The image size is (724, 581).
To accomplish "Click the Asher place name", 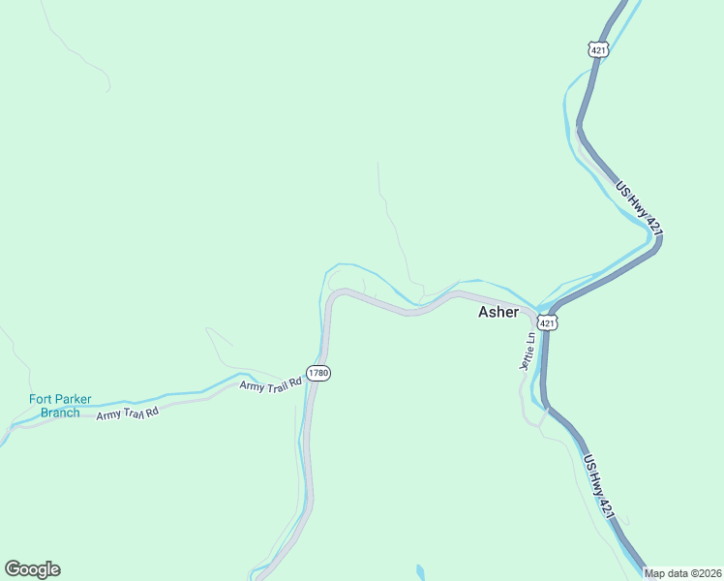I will (498, 312).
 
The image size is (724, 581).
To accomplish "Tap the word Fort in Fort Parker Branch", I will (41, 399).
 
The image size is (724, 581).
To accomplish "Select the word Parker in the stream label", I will (73, 399).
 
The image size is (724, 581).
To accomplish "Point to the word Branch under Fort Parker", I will (60, 413).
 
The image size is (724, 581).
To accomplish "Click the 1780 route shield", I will (318, 373).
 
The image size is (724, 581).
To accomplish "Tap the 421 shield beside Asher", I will (548, 322).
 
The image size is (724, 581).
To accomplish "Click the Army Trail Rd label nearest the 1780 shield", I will (272, 383).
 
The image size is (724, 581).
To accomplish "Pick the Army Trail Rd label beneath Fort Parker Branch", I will (127, 414).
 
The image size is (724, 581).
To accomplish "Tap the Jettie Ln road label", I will (528, 352).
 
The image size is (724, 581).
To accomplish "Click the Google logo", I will (32, 569).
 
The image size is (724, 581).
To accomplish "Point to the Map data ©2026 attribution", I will (682, 573).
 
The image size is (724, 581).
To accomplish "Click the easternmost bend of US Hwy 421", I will (660, 238).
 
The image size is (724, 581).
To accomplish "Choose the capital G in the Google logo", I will (13, 569).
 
